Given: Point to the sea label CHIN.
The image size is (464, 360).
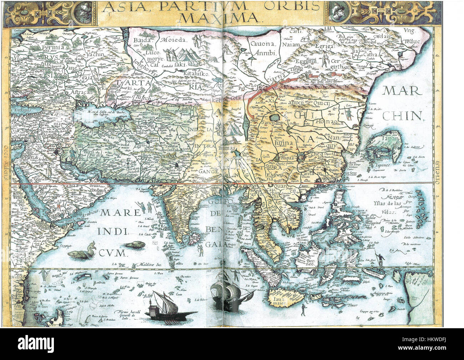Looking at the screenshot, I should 404,115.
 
